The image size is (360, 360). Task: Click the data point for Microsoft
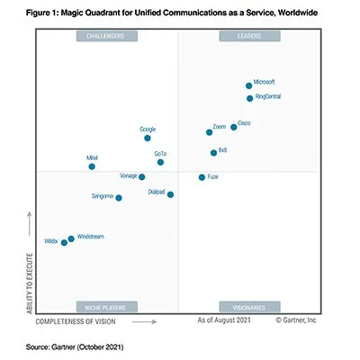click(x=249, y=85)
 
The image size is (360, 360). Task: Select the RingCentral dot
click(x=249, y=98)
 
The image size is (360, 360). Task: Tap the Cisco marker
click(x=234, y=127)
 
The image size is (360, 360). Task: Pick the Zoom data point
click(x=210, y=132)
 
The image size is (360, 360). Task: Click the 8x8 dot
click(x=213, y=153)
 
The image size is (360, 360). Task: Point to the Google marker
click(x=148, y=139)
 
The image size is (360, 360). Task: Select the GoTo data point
click(x=160, y=162)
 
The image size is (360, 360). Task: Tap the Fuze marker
click(x=202, y=177)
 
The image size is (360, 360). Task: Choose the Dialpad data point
click(x=170, y=194)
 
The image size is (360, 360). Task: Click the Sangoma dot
click(x=119, y=198)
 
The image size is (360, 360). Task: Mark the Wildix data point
click(x=64, y=242)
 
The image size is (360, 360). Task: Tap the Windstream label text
click(x=91, y=236)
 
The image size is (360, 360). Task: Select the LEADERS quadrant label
click(x=248, y=36)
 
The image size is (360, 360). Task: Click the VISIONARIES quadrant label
click(x=248, y=306)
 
